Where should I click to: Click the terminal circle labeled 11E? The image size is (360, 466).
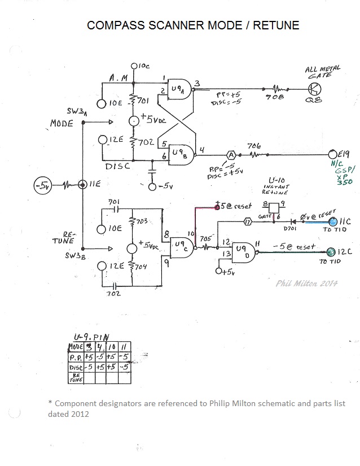tap(83, 184)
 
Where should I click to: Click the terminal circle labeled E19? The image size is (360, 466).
tap(333, 154)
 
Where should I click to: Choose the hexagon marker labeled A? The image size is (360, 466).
tap(230, 154)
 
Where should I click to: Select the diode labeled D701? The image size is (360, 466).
tap(291, 223)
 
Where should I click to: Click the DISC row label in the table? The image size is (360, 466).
tap(75, 367)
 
